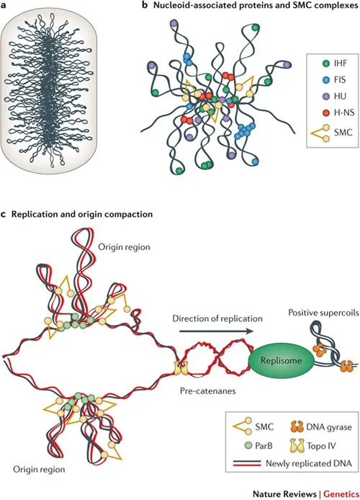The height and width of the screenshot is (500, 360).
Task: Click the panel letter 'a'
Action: (x=6, y=6)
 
